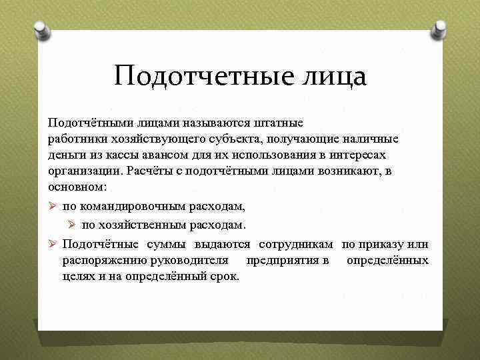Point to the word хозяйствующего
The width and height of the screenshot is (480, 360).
pyautogui.click(x=152, y=139)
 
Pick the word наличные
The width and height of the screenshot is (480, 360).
pyautogui.click(x=370, y=139)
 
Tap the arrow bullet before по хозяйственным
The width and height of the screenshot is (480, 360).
pyautogui.click(x=72, y=224)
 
